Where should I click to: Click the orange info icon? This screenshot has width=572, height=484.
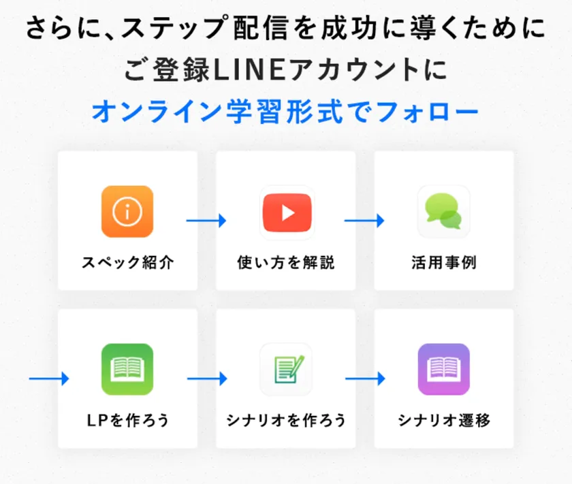(127, 212)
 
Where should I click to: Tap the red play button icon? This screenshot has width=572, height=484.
(287, 212)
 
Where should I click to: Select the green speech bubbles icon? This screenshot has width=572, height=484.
(443, 212)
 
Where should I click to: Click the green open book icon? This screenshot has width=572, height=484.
(127, 369)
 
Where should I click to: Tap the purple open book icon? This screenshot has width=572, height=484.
(443, 369)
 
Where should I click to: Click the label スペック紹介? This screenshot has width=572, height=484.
(128, 262)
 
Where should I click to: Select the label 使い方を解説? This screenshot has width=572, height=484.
(285, 262)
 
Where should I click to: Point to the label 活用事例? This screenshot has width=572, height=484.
(444, 262)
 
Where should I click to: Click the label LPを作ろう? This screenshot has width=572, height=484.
(128, 420)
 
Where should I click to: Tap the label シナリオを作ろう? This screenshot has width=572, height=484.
(285, 420)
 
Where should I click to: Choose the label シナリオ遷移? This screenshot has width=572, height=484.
(444, 420)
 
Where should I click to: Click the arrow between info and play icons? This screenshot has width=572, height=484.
(206, 221)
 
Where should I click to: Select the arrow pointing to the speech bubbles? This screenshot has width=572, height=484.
(364, 221)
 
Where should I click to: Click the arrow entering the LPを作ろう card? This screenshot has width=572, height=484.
(49, 378)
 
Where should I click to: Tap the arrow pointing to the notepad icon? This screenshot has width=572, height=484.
(207, 378)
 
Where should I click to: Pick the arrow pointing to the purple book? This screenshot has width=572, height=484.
(365, 378)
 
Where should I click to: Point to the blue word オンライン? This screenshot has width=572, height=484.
(157, 111)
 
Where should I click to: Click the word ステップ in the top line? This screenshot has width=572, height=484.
(175, 28)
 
